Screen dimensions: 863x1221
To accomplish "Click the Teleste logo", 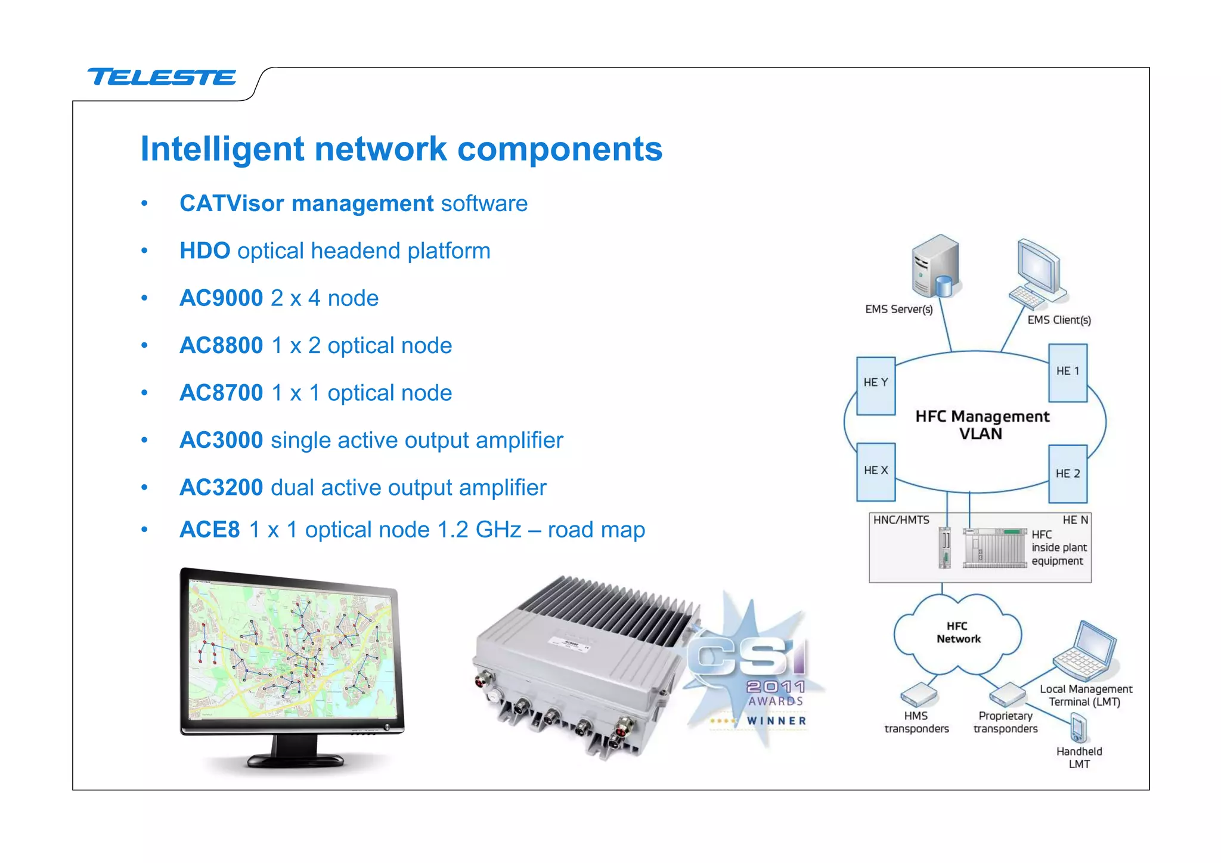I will point(162,77).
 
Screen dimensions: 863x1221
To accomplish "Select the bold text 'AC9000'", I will point(221,298).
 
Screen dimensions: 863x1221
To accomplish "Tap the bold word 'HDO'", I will point(204,250).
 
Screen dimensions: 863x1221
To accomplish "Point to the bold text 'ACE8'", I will point(209,530).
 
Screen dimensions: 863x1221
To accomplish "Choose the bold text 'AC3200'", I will point(221,487).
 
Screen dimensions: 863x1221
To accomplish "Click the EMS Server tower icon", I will point(935,266).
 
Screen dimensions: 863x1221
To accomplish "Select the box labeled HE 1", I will point(1067,373).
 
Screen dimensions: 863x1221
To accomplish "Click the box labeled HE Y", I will point(875,385).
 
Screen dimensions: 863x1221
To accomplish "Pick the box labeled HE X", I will point(875,471).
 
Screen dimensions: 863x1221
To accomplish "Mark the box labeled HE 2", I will point(1067,474).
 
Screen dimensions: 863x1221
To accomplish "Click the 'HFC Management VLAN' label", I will point(981,425).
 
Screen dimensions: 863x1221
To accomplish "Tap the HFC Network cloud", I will point(957,633).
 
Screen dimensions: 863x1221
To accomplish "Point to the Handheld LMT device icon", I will point(1078,728).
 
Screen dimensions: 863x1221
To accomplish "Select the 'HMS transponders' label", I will point(916,722).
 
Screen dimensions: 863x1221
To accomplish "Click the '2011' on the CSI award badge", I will point(776,686).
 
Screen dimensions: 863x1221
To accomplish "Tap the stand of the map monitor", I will point(295,753).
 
